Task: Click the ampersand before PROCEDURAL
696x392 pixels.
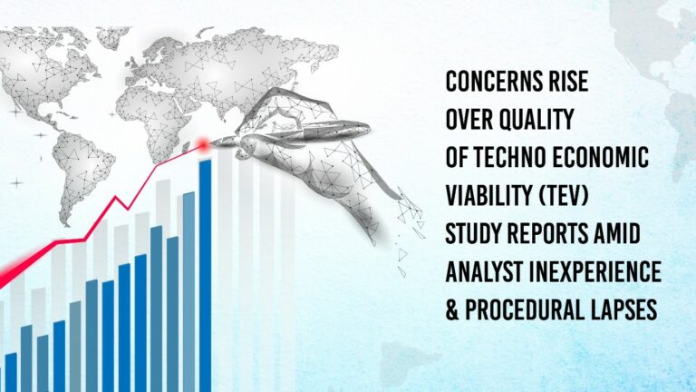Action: coord(453,310)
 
